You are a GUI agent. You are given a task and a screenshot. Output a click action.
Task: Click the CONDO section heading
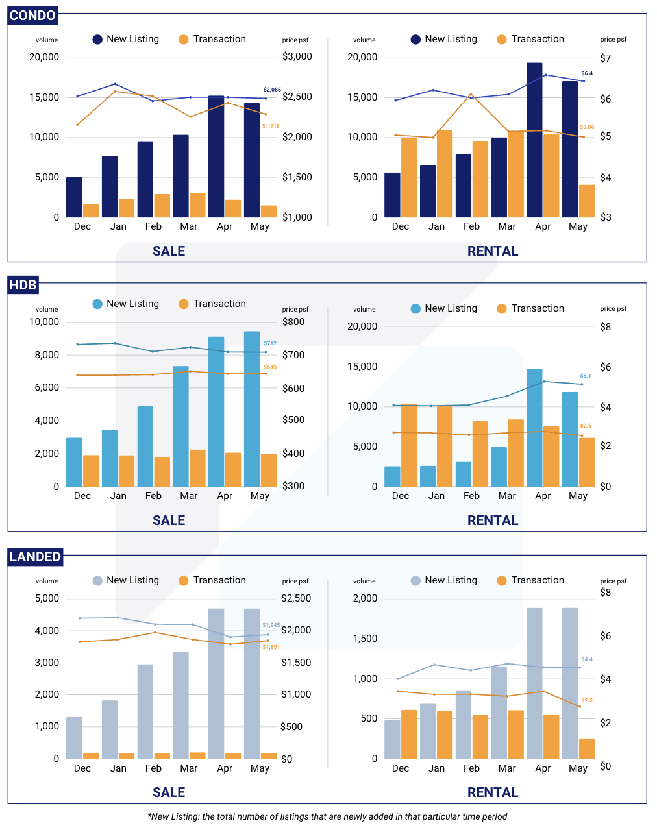[x=33, y=16]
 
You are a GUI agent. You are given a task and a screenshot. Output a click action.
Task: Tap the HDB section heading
[x=23, y=285]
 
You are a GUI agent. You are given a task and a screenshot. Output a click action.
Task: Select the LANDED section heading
[x=36, y=557]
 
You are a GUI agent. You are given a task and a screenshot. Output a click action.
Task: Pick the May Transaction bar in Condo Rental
[x=587, y=201]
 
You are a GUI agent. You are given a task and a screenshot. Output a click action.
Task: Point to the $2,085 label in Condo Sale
[x=272, y=90]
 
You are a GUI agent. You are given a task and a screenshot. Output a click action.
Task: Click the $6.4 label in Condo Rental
[x=587, y=73]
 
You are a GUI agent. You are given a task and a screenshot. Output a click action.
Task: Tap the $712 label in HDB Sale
[x=270, y=343]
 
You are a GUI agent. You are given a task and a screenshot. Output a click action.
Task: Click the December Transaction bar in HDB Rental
[x=409, y=445]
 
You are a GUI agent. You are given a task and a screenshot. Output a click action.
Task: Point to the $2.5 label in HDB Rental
[x=586, y=426]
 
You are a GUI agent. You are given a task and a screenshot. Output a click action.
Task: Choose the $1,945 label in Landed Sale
[x=271, y=625]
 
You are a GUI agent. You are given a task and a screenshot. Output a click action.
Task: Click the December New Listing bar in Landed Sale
[x=74, y=738]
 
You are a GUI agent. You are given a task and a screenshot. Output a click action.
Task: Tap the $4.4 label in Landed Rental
[x=587, y=659]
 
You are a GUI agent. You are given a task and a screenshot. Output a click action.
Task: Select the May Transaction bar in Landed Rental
[x=587, y=748]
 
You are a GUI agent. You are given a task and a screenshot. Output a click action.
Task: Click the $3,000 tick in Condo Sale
[x=297, y=56]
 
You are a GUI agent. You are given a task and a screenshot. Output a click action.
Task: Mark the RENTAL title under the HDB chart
[x=493, y=520]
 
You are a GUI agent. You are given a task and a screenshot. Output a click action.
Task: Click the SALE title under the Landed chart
[x=169, y=792]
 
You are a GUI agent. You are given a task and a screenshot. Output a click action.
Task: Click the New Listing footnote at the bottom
[x=327, y=816]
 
